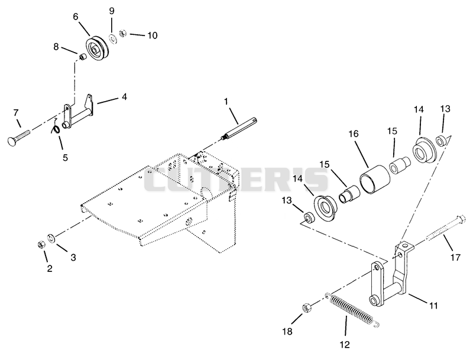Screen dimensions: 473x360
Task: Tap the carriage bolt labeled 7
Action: [x=19, y=137]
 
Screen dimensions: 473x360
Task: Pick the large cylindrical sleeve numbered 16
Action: [x=374, y=179]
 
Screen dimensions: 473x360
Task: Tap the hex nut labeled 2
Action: [x=41, y=244]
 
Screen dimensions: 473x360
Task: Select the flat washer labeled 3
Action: [x=51, y=237]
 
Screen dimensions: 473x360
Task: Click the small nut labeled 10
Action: [x=122, y=33]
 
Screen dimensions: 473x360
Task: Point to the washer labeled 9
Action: [x=114, y=39]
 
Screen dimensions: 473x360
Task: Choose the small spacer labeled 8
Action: [x=82, y=56]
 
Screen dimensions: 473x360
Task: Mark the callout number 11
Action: [x=433, y=306]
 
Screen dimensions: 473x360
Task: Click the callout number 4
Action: [x=124, y=97]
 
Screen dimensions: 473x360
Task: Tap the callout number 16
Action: [x=354, y=134]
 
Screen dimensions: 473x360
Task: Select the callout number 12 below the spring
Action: [x=345, y=344]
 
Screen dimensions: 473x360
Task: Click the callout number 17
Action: [x=455, y=258]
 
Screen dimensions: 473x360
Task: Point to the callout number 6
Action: [x=76, y=17]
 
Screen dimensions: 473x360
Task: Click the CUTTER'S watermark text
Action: [x=235, y=180]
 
